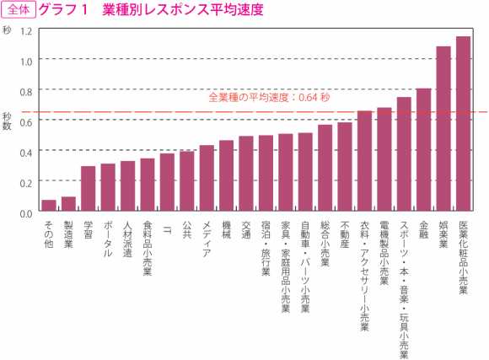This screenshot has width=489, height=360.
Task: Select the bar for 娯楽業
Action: (443, 130)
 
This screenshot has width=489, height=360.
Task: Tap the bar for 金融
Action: (424, 151)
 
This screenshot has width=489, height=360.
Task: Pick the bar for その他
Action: (49, 207)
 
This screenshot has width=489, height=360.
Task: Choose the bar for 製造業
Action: (68, 205)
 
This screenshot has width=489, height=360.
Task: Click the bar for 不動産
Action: (345, 168)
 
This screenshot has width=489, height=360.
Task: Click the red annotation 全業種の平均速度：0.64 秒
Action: (268, 97)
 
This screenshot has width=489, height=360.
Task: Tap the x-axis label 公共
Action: (187, 230)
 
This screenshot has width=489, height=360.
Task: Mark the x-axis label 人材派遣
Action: (127, 239)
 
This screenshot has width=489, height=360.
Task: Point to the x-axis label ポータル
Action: (108, 239)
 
